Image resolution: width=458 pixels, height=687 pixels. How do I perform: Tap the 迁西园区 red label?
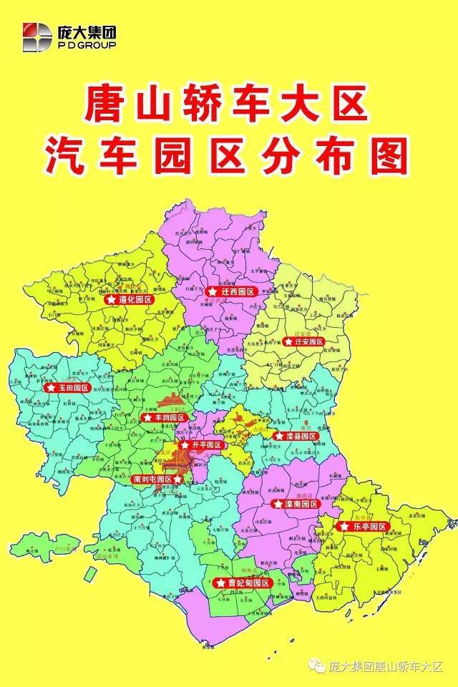coord(232,292)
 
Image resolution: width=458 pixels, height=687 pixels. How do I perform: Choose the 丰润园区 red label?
coord(164,417)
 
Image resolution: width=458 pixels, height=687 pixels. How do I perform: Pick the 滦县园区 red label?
coord(294,435)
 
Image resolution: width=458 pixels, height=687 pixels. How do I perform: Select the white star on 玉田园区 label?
coord(52,388)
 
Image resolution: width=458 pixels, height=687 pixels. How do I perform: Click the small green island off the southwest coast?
coord(89,575)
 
